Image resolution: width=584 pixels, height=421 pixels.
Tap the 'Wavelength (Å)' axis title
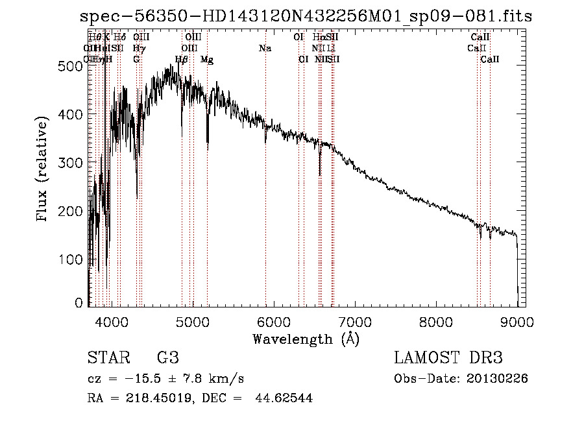click(x=306, y=339)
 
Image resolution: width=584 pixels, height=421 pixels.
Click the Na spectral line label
click(x=265, y=48)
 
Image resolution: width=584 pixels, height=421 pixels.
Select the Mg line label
click(x=207, y=60)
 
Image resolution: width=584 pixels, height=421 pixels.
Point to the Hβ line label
click(x=182, y=60)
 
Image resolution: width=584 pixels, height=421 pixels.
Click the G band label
click(x=136, y=60)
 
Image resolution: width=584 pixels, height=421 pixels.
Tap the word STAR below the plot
click(x=108, y=358)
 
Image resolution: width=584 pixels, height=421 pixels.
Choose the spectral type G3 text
click(x=167, y=358)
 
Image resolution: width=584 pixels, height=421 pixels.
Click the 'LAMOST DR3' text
click(x=448, y=358)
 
